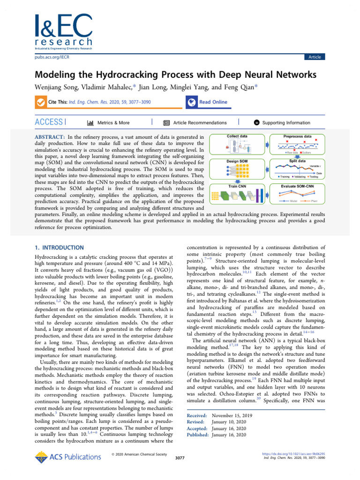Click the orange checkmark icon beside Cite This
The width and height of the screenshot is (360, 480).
point(41,102)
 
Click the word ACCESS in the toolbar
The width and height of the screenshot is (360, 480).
point(49,122)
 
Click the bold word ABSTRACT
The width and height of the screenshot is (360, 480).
point(50,137)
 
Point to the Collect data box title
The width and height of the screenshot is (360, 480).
point(237,136)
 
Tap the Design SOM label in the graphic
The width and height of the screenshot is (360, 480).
point(237,161)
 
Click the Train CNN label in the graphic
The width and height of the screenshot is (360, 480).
point(237,186)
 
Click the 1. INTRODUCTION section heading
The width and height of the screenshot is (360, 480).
point(60,247)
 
